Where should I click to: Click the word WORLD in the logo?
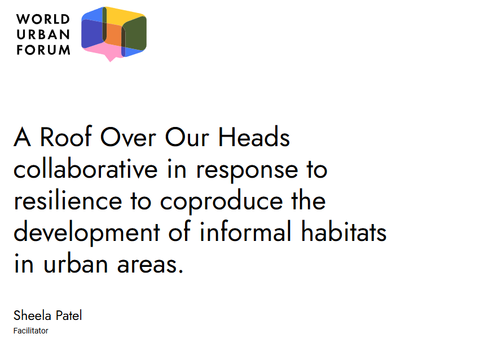(43, 19)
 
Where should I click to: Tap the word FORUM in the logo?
(43, 50)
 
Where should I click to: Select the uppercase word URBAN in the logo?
(43, 34)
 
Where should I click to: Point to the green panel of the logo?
(135, 34)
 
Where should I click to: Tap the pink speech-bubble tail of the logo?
(110, 57)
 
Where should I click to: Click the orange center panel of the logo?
(113, 34)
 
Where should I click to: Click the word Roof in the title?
(66, 137)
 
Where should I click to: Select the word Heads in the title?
(254, 137)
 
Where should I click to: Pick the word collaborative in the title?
(85, 169)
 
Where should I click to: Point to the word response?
(246, 172)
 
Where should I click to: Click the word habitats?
(344, 231)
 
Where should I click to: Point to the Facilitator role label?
(30, 331)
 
